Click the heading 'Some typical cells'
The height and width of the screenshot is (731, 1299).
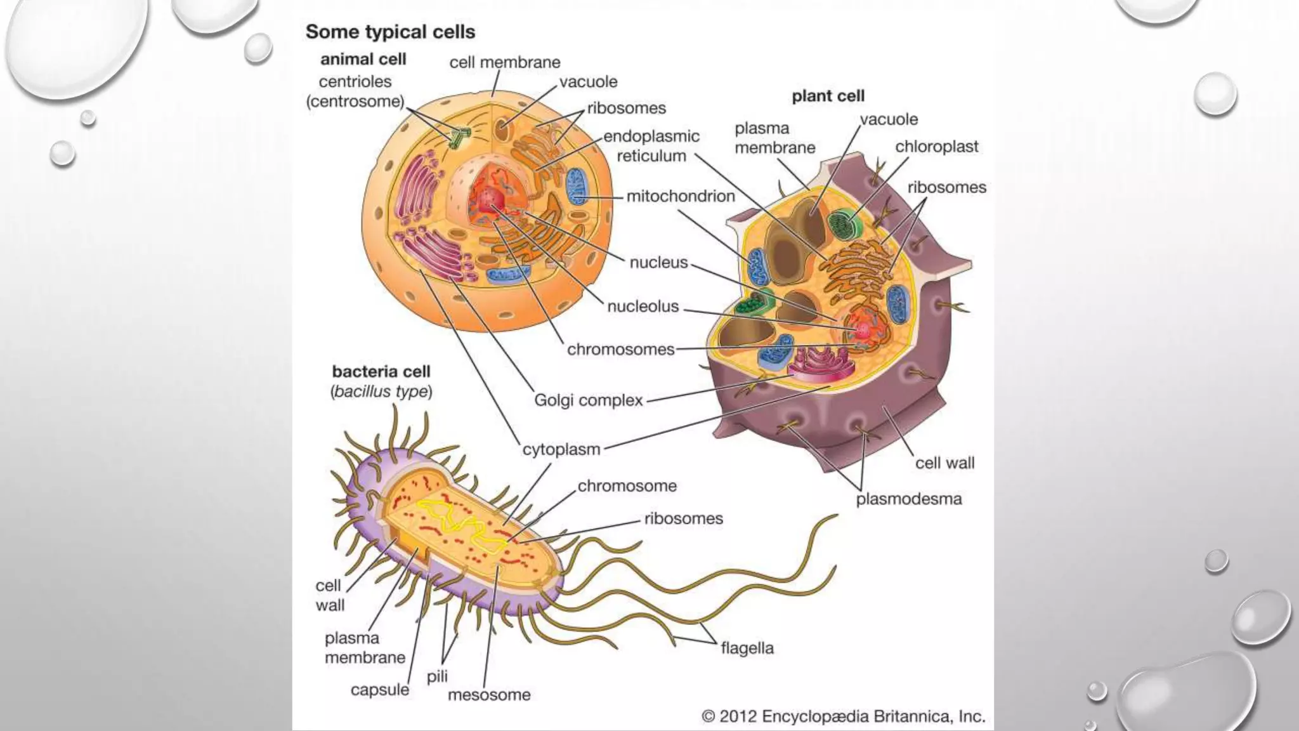(390, 32)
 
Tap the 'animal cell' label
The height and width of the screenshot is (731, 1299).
(363, 60)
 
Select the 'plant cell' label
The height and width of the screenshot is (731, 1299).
(828, 96)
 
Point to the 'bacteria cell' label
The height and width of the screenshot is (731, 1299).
(381, 372)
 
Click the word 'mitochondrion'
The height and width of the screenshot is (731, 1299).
(681, 196)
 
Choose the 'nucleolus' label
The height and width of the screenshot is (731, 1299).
(643, 306)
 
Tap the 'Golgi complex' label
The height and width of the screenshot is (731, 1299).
(588, 400)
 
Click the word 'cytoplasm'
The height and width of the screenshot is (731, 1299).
(561, 449)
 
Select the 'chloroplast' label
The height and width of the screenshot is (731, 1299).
(936, 147)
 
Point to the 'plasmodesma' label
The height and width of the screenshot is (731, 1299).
(908, 499)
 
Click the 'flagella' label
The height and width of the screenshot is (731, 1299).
(747, 649)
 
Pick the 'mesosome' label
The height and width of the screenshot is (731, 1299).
(489, 695)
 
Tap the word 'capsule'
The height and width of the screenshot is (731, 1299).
(379, 690)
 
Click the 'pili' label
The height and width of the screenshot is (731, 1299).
(437, 676)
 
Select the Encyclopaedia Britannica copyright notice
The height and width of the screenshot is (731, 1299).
(843, 717)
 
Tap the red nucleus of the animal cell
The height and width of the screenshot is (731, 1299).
(488, 200)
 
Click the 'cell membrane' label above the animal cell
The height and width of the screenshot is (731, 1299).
(505, 63)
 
